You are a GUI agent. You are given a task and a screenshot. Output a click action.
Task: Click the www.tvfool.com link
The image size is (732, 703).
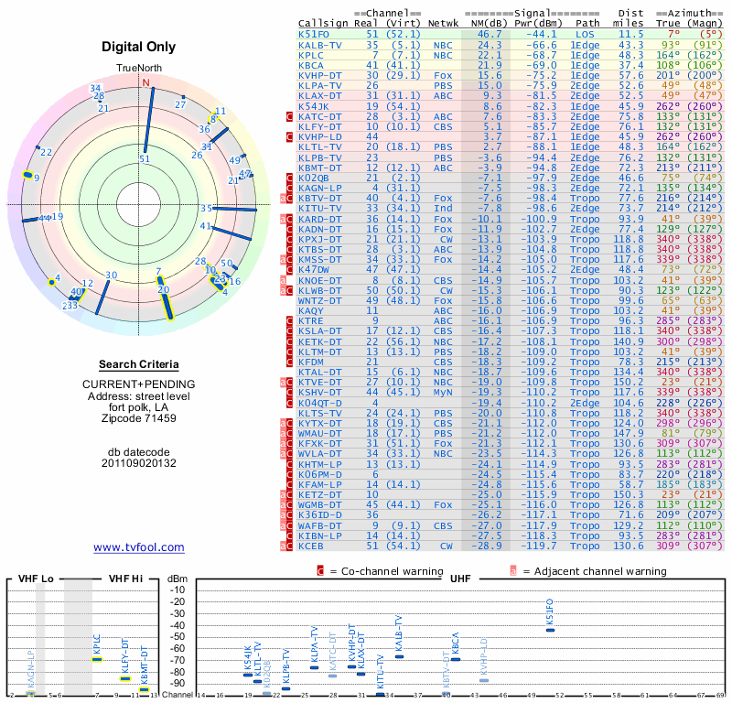tap(138, 547)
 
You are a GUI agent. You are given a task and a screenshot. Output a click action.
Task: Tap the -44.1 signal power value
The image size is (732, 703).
tap(536, 34)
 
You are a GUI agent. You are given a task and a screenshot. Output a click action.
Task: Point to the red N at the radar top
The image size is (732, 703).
tap(145, 82)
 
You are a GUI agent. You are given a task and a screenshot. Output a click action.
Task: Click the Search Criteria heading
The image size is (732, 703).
tap(138, 364)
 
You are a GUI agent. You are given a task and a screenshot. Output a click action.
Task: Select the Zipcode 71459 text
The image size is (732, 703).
tap(138, 418)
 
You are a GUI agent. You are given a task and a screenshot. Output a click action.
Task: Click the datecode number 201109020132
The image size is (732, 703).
tap(138, 463)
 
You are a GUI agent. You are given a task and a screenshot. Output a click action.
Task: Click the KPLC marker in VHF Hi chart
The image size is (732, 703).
tap(97, 659)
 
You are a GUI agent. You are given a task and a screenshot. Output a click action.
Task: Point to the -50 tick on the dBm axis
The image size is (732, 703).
tap(177, 636)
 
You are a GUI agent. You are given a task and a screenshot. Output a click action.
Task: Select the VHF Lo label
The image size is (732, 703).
tap(36, 579)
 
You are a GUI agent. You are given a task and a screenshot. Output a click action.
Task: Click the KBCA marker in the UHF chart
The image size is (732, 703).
tap(456, 659)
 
